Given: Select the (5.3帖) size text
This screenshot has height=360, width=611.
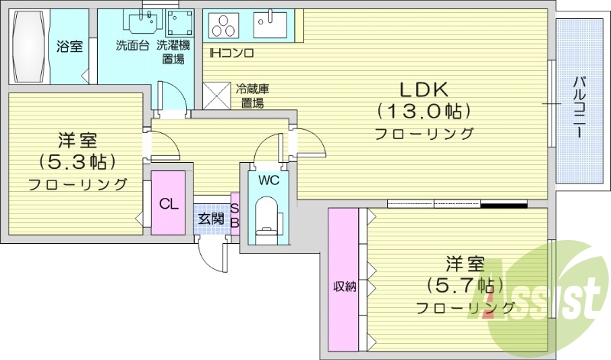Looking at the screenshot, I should pyautogui.click(x=77, y=161).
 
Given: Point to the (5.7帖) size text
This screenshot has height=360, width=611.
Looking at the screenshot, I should pyautogui.click(x=465, y=285).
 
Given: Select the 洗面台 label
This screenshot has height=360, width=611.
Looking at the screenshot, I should pyautogui.click(x=132, y=45).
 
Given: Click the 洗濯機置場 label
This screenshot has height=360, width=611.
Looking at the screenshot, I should pyautogui.click(x=170, y=51).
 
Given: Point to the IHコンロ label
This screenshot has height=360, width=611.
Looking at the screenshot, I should pyautogui.click(x=231, y=53).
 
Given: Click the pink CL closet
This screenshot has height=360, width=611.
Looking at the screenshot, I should pyautogui.click(x=169, y=203).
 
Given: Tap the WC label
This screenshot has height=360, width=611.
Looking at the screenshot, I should pyautogui.click(x=267, y=181).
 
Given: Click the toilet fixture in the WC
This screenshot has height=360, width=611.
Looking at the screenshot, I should pyautogui.click(x=267, y=218).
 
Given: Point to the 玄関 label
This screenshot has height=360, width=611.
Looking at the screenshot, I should pyautogui.click(x=211, y=219).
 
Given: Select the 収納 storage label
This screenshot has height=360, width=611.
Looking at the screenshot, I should pyautogui.click(x=344, y=287).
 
